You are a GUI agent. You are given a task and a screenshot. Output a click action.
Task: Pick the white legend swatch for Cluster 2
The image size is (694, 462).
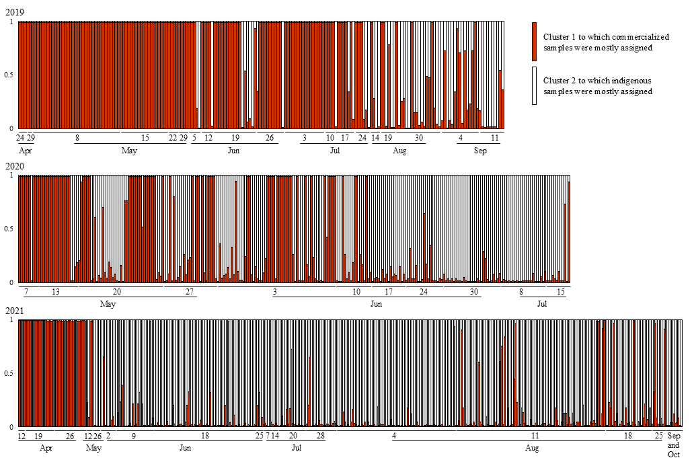pyautogui.click(x=535, y=85)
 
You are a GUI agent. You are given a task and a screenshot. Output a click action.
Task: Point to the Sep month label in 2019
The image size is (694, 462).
pyautogui.click(x=480, y=151)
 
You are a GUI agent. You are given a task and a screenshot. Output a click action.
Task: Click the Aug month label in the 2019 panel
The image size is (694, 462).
pyautogui.click(x=399, y=151)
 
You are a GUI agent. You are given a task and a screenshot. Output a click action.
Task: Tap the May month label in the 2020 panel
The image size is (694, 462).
pyautogui.click(x=108, y=304)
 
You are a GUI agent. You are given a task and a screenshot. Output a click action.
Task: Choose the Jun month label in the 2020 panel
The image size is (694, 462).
pyautogui.click(x=377, y=304)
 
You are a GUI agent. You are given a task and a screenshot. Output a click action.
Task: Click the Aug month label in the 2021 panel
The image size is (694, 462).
pyautogui.click(x=531, y=448)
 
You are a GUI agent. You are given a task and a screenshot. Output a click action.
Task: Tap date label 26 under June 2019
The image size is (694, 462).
pyautogui.click(x=269, y=138)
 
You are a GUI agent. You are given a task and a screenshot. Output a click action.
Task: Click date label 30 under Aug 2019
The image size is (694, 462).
pyautogui.click(x=418, y=138)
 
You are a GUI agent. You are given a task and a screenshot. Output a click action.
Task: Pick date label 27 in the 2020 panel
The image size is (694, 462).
pyautogui.click(x=190, y=291)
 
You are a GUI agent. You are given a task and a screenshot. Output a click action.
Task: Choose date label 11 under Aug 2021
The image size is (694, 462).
pyautogui.click(x=535, y=436)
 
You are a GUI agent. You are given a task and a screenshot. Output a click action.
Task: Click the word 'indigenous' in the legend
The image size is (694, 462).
pyautogui.click(x=622, y=81)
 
